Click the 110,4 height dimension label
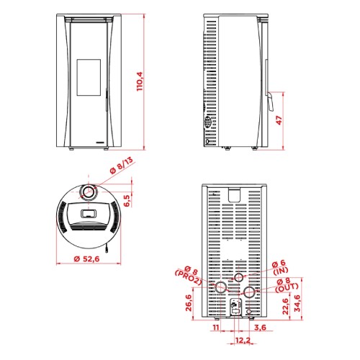click(140, 81)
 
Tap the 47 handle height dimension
click(279, 120)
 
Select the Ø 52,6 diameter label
click(86, 258)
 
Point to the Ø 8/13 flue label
click(122, 166)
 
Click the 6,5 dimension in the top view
click(127, 200)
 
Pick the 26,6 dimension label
click(189, 303)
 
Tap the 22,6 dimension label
click(285, 306)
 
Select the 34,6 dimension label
click(297, 303)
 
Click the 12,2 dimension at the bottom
click(243, 340)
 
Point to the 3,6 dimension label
click(260, 327)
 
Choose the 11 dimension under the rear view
click(216, 327)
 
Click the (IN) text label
click(281, 271)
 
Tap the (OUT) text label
click(287, 288)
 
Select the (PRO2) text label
click(188, 278)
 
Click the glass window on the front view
click(89, 77)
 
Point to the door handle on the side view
click(270, 102)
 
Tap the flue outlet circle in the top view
click(89, 192)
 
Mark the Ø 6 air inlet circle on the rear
click(239, 277)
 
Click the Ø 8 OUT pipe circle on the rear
click(249, 292)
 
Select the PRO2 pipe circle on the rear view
click(220, 287)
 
